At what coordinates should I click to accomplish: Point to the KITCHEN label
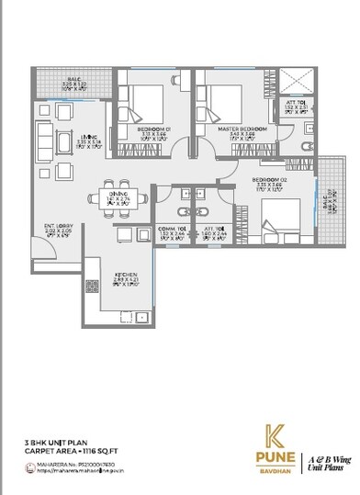pyautogui.click(x=126, y=275)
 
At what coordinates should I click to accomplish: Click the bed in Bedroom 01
pyautogui.click(x=145, y=99)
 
